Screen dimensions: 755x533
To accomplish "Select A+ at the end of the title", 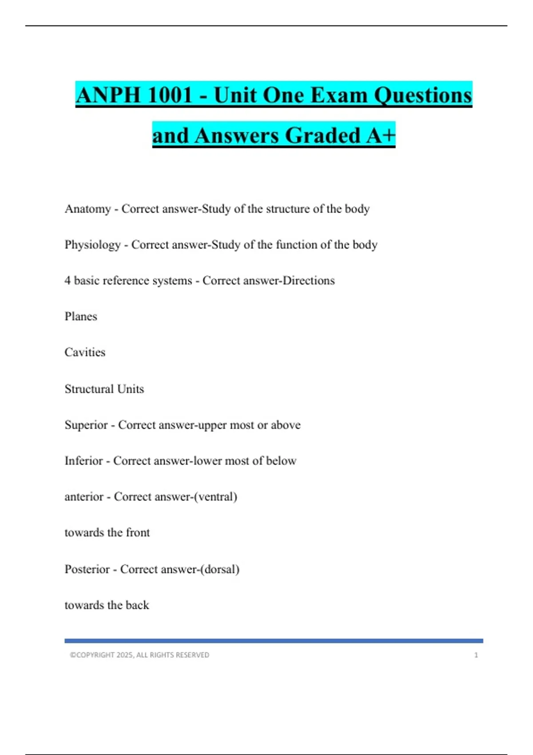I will [381, 135].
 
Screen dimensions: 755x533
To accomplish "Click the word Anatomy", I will [88, 209].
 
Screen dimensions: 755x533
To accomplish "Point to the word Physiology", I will [92, 245].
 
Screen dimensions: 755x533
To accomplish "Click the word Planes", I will [80, 317].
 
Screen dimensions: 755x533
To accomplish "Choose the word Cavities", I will [85, 352].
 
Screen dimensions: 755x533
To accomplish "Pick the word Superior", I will [86, 425].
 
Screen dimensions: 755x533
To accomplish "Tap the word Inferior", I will [84, 461].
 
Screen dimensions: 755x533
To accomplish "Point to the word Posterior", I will [87, 569].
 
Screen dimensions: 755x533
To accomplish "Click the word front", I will [138, 532].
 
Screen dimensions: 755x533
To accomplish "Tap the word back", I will [137, 605].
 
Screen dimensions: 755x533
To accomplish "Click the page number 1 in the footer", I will [476, 655].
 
